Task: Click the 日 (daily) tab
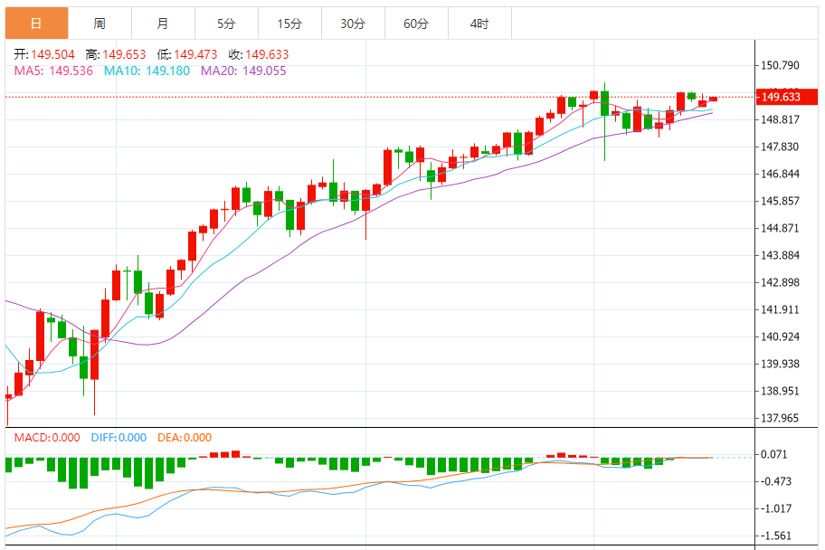pyautogui.click(x=36, y=24)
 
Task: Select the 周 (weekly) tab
pyautogui.click(x=100, y=24)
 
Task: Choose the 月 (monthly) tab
pyautogui.click(x=162, y=24)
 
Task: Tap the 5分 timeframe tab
pyautogui.click(x=226, y=24)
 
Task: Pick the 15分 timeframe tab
pyautogui.click(x=289, y=24)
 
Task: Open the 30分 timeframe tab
pyautogui.click(x=353, y=24)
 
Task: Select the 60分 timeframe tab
pyautogui.click(x=416, y=24)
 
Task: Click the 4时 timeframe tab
pyautogui.click(x=479, y=24)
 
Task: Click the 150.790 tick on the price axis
pyautogui.click(x=781, y=65)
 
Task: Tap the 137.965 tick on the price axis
pyautogui.click(x=781, y=418)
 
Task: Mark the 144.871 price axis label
pyautogui.click(x=781, y=228)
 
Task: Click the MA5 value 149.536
pyautogui.click(x=71, y=71)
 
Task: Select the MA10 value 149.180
pyautogui.click(x=164, y=71)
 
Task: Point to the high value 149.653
pyautogui.click(x=123, y=54)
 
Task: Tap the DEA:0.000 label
pyautogui.click(x=185, y=438)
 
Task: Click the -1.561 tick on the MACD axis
pyautogui.click(x=778, y=536)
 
